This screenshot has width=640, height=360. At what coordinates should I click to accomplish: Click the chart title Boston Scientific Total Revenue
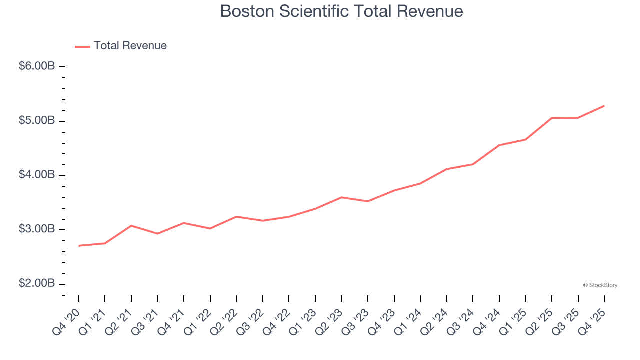pyautogui.click(x=341, y=11)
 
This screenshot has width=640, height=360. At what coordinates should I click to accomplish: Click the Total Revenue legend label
pyautogui.click(x=130, y=46)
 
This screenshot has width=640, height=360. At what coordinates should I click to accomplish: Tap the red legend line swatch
pyautogui.click(x=82, y=46)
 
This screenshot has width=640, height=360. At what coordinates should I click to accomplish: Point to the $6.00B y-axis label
pyautogui.click(x=36, y=66)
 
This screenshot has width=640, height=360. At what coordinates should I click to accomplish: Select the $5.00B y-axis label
pyautogui.click(x=36, y=121)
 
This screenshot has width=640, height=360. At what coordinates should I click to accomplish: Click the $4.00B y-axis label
pyautogui.click(x=36, y=175)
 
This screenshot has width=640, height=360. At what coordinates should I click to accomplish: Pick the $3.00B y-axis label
pyautogui.click(x=36, y=230)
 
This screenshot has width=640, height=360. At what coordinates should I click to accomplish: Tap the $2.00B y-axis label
pyautogui.click(x=36, y=284)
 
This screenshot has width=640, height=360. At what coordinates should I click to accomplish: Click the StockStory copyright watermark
pyautogui.click(x=600, y=285)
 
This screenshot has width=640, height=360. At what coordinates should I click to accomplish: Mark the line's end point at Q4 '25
pyautogui.click(x=604, y=106)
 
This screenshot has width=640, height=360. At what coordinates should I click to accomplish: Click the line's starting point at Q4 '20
pyautogui.click(x=79, y=246)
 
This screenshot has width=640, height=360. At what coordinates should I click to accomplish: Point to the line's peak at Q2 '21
pyautogui.click(x=131, y=226)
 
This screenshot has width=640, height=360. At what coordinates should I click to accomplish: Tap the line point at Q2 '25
pyautogui.click(x=552, y=118)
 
